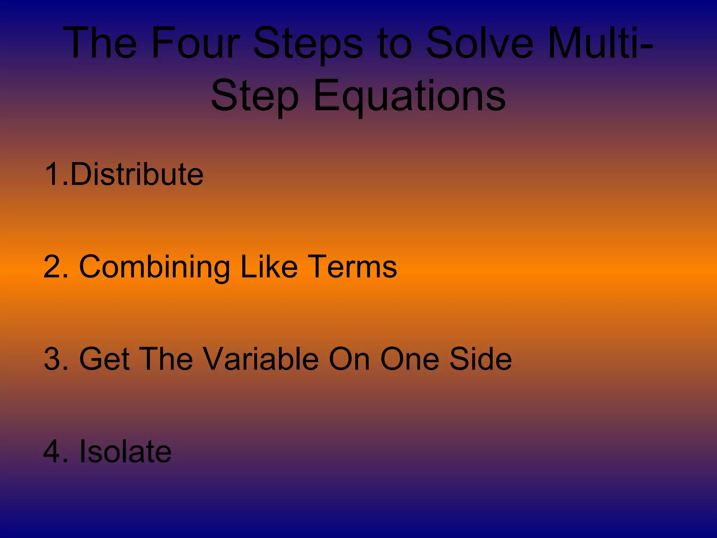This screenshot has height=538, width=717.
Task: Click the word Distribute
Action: coord(137,174)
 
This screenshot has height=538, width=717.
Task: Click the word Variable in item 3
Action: coord(261,359)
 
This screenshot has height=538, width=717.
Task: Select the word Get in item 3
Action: coord(104,359)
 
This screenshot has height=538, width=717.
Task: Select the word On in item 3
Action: coord(349,359)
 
